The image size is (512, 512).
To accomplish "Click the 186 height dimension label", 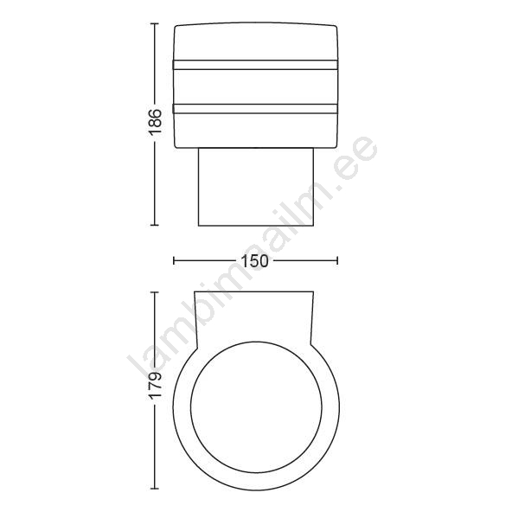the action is pyautogui.click(x=155, y=122).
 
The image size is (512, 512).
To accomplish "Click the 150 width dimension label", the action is pyautogui.click(x=254, y=260).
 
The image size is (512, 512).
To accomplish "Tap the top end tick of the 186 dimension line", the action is pyautogui.click(x=155, y=24).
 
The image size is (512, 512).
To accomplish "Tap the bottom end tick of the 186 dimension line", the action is pyautogui.click(x=155, y=225).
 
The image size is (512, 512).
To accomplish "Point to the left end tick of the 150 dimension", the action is pyautogui.click(x=174, y=260).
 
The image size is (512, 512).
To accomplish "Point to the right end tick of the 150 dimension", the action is pyautogui.click(x=337, y=260).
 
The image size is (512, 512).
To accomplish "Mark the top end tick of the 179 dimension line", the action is pyautogui.click(x=155, y=292).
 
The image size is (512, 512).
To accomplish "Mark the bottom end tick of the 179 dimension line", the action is pyautogui.click(x=155, y=489).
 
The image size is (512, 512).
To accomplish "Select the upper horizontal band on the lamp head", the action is pyautogui.click(x=255, y=65).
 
